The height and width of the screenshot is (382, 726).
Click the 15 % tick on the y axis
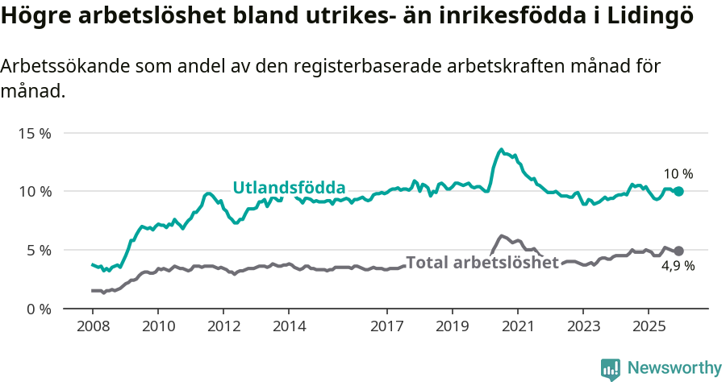pyautogui.click(x=35, y=133)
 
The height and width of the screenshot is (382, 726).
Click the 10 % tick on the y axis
pyautogui.click(x=35, y=192)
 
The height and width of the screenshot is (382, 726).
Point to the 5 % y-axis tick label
pyautogui.click(x=38, y=251)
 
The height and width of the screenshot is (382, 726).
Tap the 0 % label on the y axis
pyautogui.click(x=38, y=309)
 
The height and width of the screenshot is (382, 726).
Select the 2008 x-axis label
pyautogui.click(x=92, y=328)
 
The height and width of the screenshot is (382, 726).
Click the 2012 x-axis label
pyautogui.click(x=223, y=328)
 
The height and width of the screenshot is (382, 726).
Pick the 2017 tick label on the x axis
pyautogui.click(x=386, y=328)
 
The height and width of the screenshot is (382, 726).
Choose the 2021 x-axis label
pyautogui.click(x=517, y=328)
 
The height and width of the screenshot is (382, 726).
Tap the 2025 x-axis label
pyautogui.click(x=648, y=328)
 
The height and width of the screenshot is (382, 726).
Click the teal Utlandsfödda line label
pyautogui.click(x=289, y=188)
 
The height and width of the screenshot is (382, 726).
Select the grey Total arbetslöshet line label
pyautogui.click(x=482, y=263)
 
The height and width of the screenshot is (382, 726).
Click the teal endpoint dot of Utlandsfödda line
pyautogui.click(x=678, y=191)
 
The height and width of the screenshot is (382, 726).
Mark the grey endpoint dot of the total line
pyautogui.click(x=678, y=251)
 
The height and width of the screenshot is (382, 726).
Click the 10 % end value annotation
pyautogui.click(x=678, y=174)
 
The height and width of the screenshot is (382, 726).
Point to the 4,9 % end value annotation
pyautogui.click(x=678, y=267)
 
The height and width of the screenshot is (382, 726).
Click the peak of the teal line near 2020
pyautogui.click(x=501, y=149)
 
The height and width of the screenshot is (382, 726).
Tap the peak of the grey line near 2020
pyautogui.click(x=501, y=235)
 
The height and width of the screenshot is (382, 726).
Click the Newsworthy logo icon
pyautogui.click(x=611, y=368)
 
